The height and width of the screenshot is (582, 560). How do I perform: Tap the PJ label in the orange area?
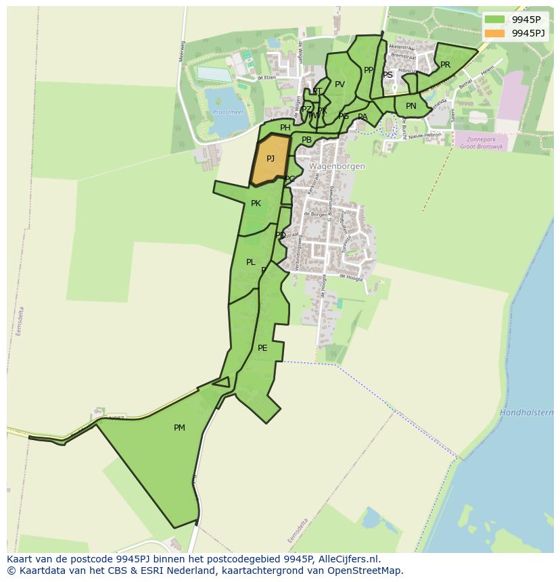coord(271,159)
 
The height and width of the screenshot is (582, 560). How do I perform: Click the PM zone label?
coord(179,427)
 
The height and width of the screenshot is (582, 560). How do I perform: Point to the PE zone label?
coord(262,348)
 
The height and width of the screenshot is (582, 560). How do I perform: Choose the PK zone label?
coord(256,203)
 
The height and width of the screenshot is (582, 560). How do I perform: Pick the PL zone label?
coord(251,262)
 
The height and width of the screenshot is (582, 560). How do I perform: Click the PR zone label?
coord(445,65)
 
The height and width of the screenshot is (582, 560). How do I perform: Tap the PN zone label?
coord(411,106)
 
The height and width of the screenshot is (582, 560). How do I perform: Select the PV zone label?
coord(340,84)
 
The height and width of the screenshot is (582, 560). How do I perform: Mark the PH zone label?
coord(285,128)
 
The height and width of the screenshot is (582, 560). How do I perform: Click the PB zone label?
coord(306,140)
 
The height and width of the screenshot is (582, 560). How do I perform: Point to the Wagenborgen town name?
coord(337,166)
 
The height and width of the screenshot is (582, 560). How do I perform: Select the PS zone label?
coord(388,75)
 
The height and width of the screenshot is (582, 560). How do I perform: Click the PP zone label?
coord(369,70)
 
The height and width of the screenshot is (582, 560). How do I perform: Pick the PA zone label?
coord(363,117)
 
